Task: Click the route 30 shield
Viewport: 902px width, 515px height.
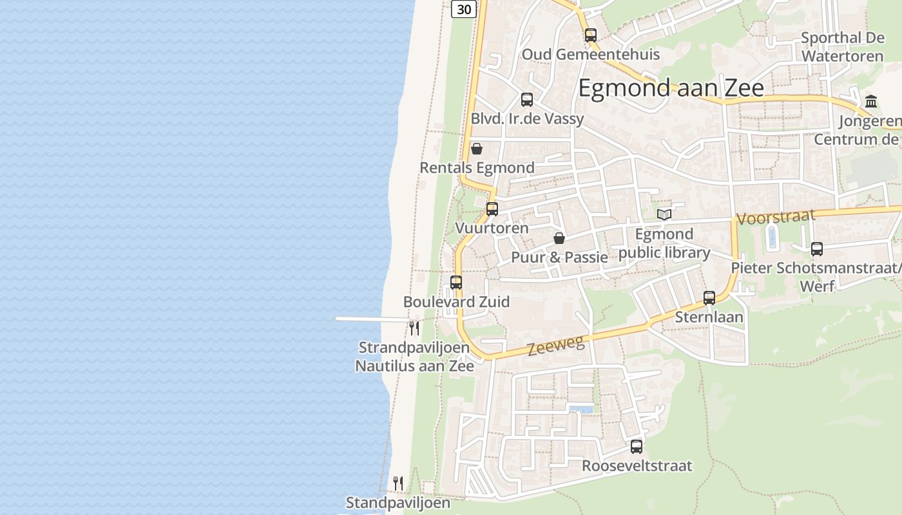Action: pyautogui.click(x=464, y=9)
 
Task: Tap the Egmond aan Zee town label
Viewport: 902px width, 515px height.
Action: pyautogui.click(x=671, y=88)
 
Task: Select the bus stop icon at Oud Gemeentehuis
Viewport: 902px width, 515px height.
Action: pyautogui.click(x=591, y=35)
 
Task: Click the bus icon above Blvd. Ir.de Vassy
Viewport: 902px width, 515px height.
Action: pyautogui.click(x=527, y=100)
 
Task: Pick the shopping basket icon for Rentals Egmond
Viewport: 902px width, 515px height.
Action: pyautogui.click(x=477, y=149)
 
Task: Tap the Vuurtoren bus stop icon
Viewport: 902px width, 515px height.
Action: pyautogui.click(x=492, y=209)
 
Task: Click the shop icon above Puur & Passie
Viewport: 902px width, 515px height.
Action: pyautogui.click(x=559, y=239)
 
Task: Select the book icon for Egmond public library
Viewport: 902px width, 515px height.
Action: pyautogui.click(x=664, y=215)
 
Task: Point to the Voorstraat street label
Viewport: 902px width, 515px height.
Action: pyautogui.click(x=776, y=217)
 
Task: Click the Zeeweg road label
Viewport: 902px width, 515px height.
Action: pyautogui.click(x=556, y=346)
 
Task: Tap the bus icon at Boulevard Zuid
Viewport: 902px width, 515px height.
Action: pyautogui.click(x=456, y=283)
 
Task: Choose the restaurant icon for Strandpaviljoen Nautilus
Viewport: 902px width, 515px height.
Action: pyautogui.click(x=414, y=328)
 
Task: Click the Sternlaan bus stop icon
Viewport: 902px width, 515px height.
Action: pyautogui.click(x=709, y=298)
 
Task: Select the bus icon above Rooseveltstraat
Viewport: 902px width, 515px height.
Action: pyautogui.click(x=637, y=447)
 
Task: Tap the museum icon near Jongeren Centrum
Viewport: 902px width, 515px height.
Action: pyautogui.click(x=872, y=102)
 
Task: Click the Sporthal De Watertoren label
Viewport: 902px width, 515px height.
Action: pyautogui.click(x=842, y=47)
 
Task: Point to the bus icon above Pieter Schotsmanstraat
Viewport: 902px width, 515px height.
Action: pyautogui.click(x=817, y=249)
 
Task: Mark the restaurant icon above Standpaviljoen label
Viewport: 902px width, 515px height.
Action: pyautogui.click(x=398, y=483)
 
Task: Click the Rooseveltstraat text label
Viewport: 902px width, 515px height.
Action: pyautogui.click(x=637, y=465)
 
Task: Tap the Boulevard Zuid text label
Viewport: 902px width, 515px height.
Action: pyautogui.click(x=456, y=302)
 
